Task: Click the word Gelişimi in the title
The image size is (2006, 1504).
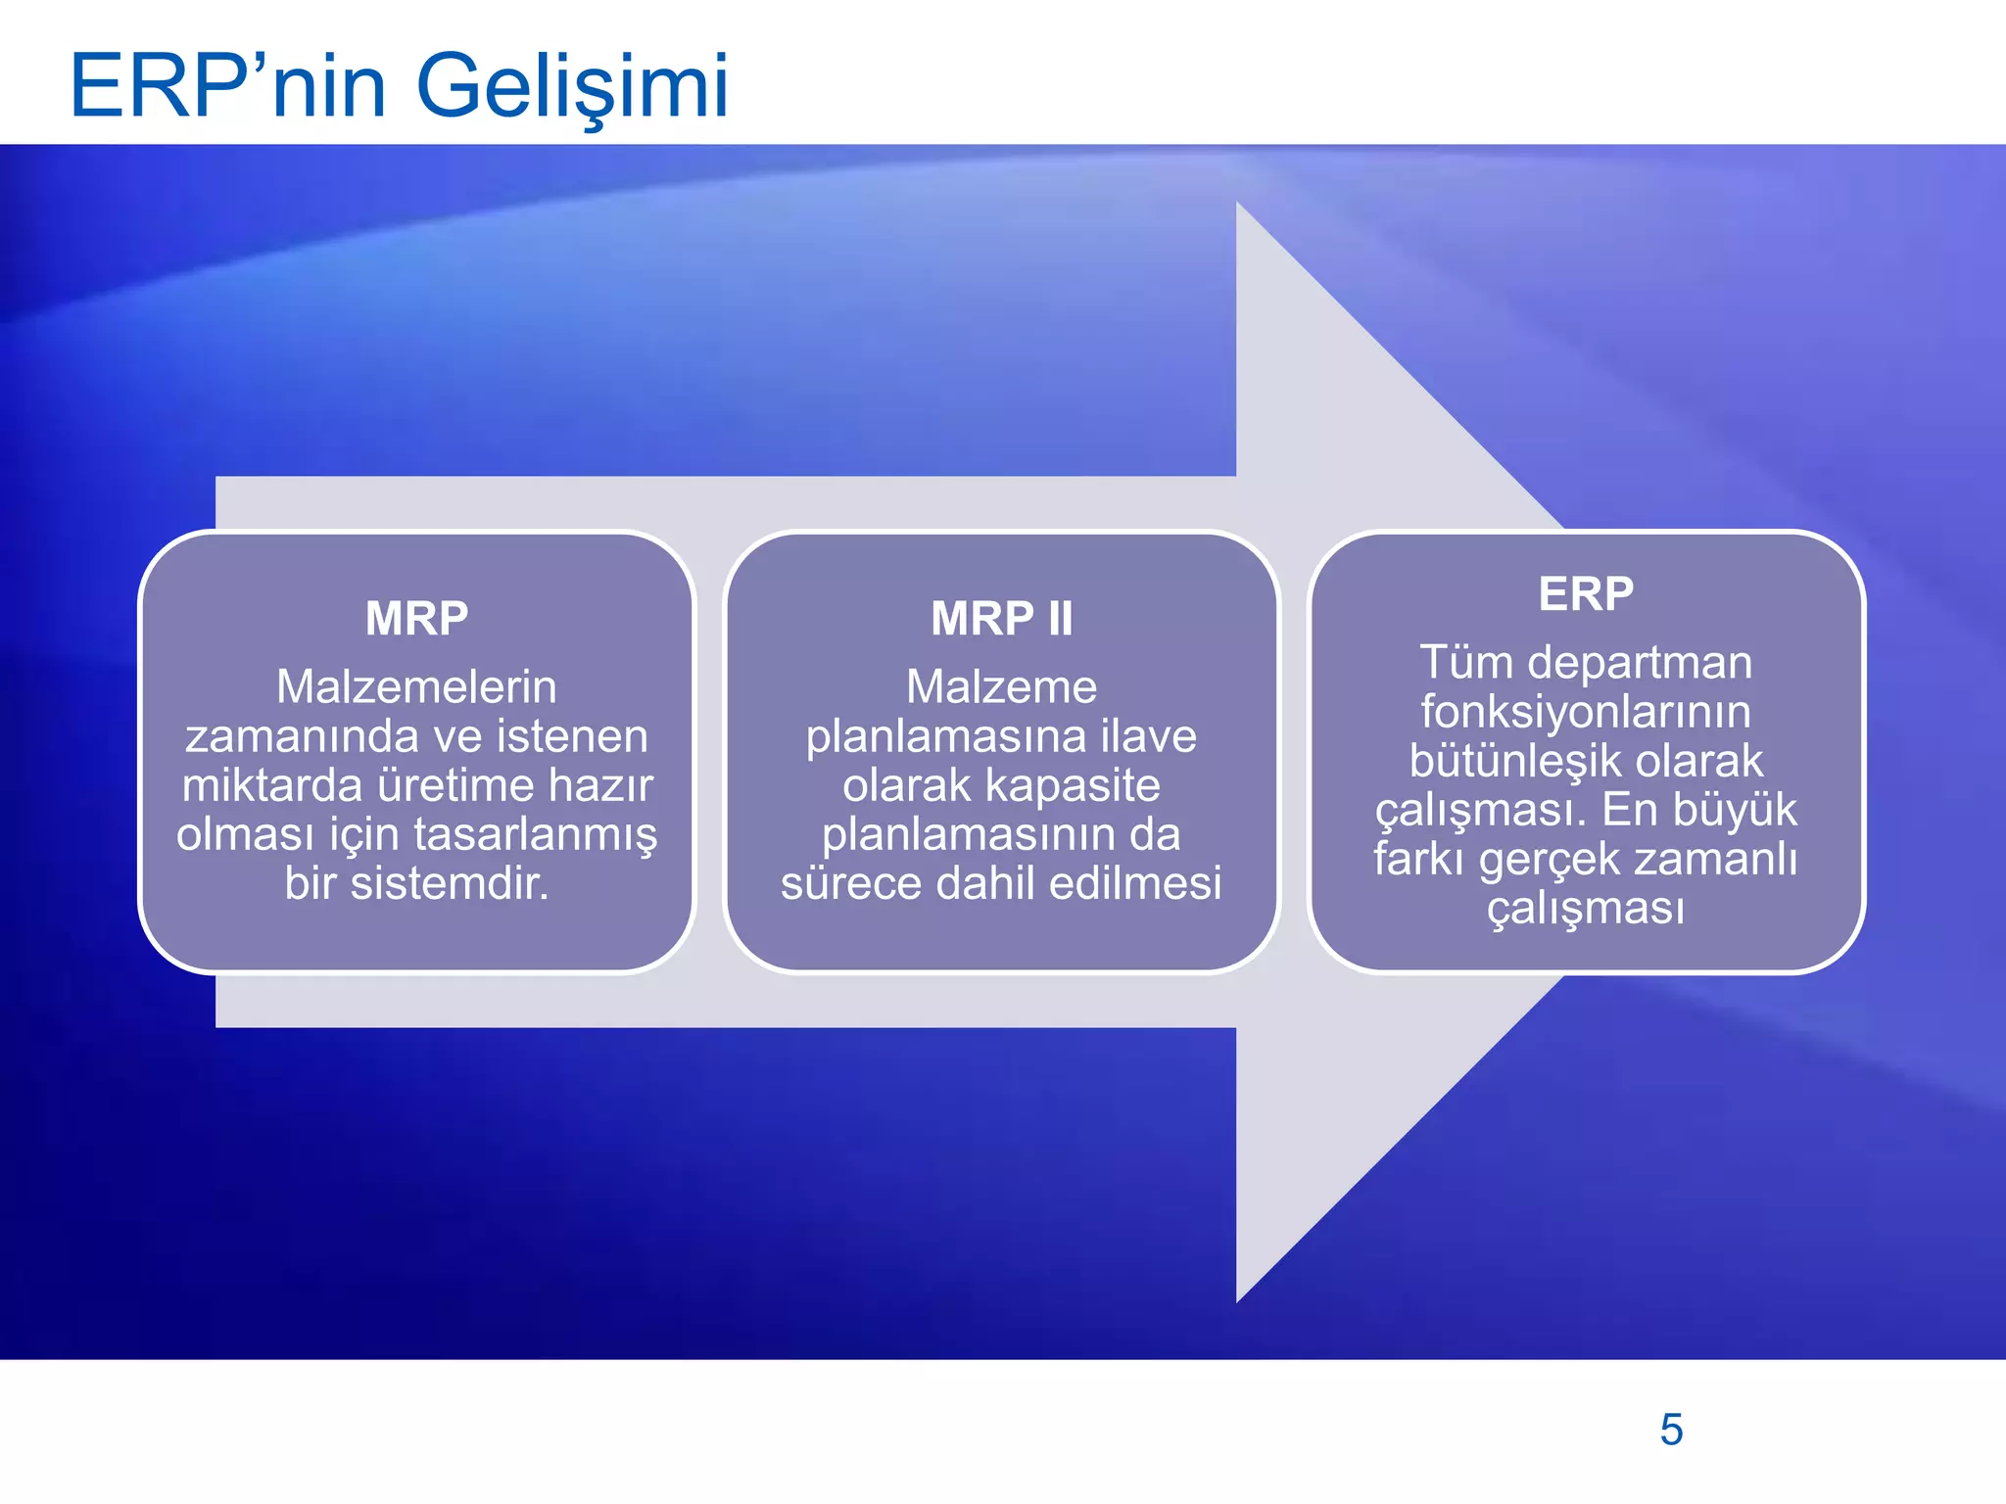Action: coord(573,88)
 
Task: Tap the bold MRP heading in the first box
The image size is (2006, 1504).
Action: coord(416,619)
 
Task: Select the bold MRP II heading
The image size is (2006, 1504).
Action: coord(1001,619)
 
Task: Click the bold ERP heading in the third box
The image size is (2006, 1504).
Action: coord(1586,594)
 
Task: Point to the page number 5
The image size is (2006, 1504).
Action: coord(1671,1430)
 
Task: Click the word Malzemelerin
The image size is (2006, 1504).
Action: coord(416,687)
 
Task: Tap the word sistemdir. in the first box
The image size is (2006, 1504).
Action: coord(450,883)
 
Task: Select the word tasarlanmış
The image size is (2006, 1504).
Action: coord(535,835)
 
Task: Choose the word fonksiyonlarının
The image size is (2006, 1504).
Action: coord(1586,712)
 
